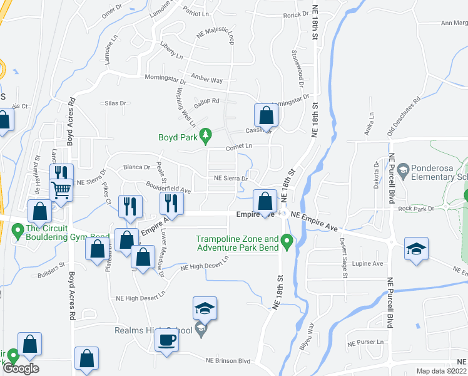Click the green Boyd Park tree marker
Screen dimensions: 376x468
pyautogui.click(x=205, y=135)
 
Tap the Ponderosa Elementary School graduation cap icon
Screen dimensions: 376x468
pyautogui.click(x=404, y=170)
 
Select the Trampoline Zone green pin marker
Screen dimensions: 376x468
pyautogui.click(x=287, y=239)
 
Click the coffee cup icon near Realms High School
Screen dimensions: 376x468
pyautogui.click(x=167, y=340)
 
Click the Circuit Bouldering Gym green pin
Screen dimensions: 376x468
pyautogui.click(x=18, y=230)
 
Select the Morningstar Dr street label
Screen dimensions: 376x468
pyautogui.click(x=166, y=80)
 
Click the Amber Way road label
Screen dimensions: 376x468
pyautogui.click(x=207, y=80)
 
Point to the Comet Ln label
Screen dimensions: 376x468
pyautogui.click(x=238, y=146)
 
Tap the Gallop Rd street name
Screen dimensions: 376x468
pyautogui.click(x=206, y=101)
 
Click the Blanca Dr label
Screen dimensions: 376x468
pyautogui.click(x=137, y=167)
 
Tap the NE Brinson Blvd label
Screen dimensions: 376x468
pyautogui.click(x=228, y=361)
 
